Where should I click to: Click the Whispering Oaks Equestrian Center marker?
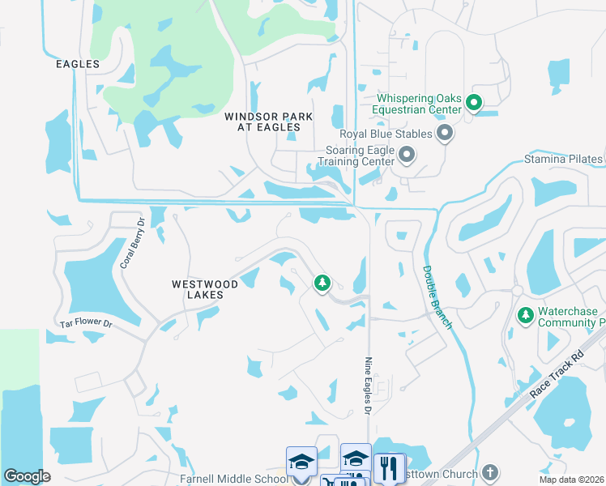pos(474,103)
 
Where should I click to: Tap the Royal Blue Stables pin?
pos(444,133)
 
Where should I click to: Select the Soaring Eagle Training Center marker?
pos(407,154)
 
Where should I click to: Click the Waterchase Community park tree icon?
pos(525,314)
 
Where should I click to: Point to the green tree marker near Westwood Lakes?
pos(322,283)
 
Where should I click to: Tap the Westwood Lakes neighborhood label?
pos(205,290)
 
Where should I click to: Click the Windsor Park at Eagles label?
pos(269,122)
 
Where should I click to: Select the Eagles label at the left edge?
pos(78,64)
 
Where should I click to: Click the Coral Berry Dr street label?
pos(130,242)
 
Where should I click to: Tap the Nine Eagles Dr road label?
pos(368,387)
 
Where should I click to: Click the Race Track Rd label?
pos(557,374)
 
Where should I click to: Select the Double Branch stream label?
pos(437,296)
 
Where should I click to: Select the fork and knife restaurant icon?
pos(390,468)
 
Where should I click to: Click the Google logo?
pos(28,476)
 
